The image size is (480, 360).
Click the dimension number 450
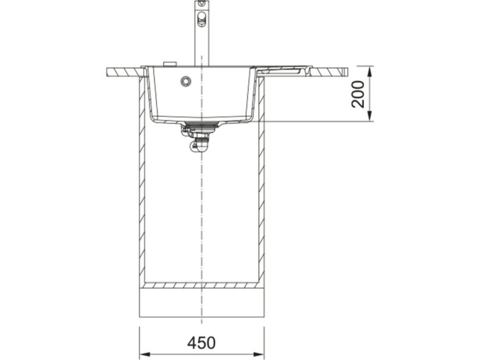(x=202, y=343)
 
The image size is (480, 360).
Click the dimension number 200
(x=359, y=94)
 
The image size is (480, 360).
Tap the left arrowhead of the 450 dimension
(x=145, y=355)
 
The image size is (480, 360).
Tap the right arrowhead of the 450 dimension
(x=259, y=355)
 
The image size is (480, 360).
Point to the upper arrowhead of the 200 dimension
(x=370, y=71)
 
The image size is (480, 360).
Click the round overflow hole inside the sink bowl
(x=186, y=81)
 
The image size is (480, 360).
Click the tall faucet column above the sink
(x=202, y=33)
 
